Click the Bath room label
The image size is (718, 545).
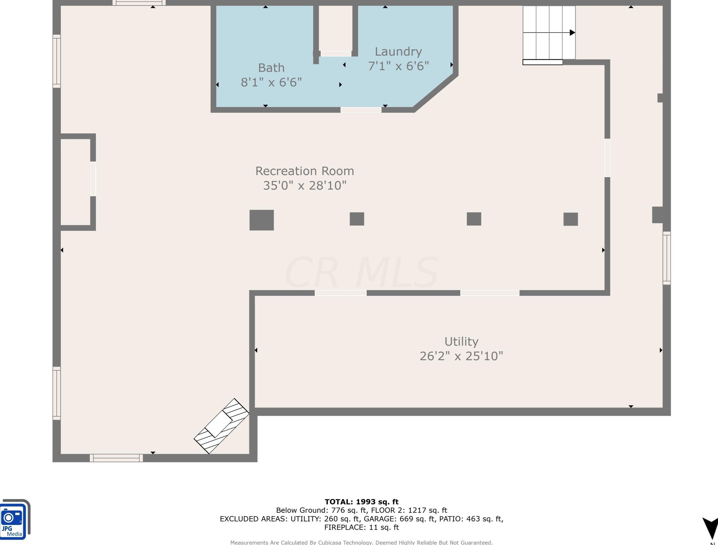click(x=271, y=68)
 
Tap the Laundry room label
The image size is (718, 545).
click(x=398, y=52)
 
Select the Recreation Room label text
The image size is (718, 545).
click(x=305, y=171)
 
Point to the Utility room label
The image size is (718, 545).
click(x=461, y=342)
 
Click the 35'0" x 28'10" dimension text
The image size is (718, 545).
click(x=305, y=185)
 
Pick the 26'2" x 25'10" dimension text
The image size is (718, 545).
click(x=461, y=356)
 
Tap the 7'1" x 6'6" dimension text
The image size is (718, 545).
click(x=398, y=66)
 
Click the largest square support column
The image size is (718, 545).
click(x=262, y=220)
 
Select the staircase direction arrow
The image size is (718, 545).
click(x=549, y=32)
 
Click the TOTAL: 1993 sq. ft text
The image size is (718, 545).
click(x=362, y=502)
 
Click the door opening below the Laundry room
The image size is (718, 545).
click(x=361, y=110)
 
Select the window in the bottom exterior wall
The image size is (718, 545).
click(x=116, y=458)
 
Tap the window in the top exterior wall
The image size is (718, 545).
click(x=139, y=3)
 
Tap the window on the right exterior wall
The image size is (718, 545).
click(x=667, y=258)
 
